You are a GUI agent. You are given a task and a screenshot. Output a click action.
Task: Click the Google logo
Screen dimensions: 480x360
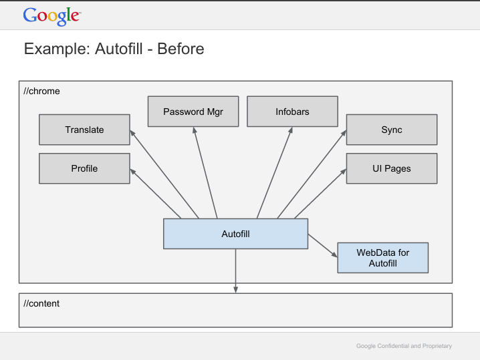52,16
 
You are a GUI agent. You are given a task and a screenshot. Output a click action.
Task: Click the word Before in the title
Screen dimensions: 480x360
181,49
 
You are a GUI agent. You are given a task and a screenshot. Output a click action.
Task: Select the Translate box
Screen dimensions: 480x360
84,130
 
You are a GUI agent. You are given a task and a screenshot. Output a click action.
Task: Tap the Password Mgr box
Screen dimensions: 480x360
193,112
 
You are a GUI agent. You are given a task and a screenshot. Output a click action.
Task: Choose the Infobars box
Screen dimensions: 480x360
292,112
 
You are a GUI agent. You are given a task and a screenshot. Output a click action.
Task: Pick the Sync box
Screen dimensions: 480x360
392,130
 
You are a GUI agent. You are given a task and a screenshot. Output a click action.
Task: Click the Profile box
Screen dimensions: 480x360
84,168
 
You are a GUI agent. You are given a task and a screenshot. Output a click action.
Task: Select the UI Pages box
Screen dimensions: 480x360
392,168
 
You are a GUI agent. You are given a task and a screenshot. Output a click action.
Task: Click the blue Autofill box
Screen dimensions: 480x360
236,234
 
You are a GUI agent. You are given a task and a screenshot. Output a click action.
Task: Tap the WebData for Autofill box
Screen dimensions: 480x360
383,258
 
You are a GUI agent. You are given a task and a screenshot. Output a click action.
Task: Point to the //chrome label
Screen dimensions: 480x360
41,91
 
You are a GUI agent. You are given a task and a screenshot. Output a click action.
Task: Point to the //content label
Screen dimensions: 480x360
41,303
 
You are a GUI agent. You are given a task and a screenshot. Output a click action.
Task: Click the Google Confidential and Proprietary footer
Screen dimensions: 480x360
404,346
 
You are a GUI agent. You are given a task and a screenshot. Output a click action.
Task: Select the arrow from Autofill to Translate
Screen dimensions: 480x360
164,174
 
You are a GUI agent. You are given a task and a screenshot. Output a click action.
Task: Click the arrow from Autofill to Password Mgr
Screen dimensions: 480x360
205,173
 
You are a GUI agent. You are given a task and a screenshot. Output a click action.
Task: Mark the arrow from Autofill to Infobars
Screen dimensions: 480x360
275,173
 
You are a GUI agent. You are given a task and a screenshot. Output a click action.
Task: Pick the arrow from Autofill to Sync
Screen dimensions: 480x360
312,174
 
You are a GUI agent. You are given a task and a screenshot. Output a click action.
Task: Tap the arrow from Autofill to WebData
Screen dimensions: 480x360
323,246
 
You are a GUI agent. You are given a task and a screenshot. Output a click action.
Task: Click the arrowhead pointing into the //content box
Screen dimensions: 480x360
236,290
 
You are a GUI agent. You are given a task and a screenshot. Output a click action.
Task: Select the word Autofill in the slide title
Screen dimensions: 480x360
119,49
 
